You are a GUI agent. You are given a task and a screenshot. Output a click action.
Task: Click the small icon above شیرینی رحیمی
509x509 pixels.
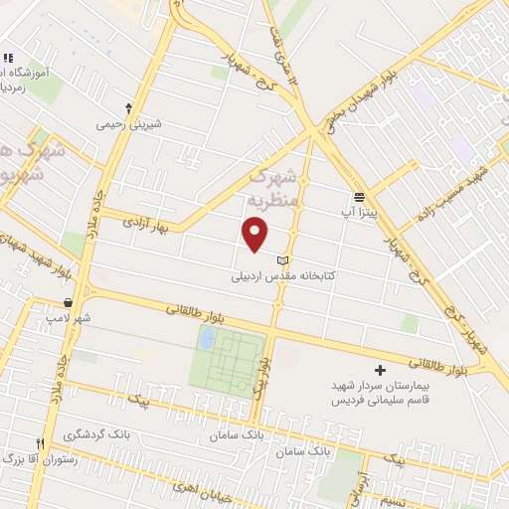click(x=128, y=107)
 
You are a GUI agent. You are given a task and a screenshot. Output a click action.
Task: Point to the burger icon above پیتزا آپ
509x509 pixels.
click(x=360, y=197)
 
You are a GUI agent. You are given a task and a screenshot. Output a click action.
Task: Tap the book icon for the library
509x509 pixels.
click(x=281, y=260)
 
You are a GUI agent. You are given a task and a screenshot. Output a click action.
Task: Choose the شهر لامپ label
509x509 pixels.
click(x=67, y=318)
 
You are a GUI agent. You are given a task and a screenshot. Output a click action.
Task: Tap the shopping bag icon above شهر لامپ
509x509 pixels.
click(x=67, y=302)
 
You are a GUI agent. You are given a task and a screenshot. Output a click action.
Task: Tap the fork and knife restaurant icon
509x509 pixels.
click(x=41, y=443)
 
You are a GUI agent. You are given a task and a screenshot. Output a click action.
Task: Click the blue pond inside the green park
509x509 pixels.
click(x=207, y=339)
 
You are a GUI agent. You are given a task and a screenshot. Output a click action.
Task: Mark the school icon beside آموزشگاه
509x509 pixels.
click(x=7, y=58)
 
